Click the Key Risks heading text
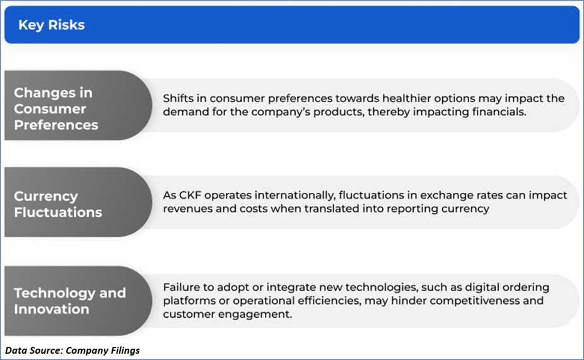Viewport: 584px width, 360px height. point(51,25)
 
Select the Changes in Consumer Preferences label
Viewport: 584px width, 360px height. point(56,108)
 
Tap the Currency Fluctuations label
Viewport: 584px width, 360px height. point(58,204)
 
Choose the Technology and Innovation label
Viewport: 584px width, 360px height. point(69,301)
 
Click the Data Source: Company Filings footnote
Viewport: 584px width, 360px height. point(73,351)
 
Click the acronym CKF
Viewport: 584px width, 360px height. point(190,195)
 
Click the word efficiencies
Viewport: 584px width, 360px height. point(329,301)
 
